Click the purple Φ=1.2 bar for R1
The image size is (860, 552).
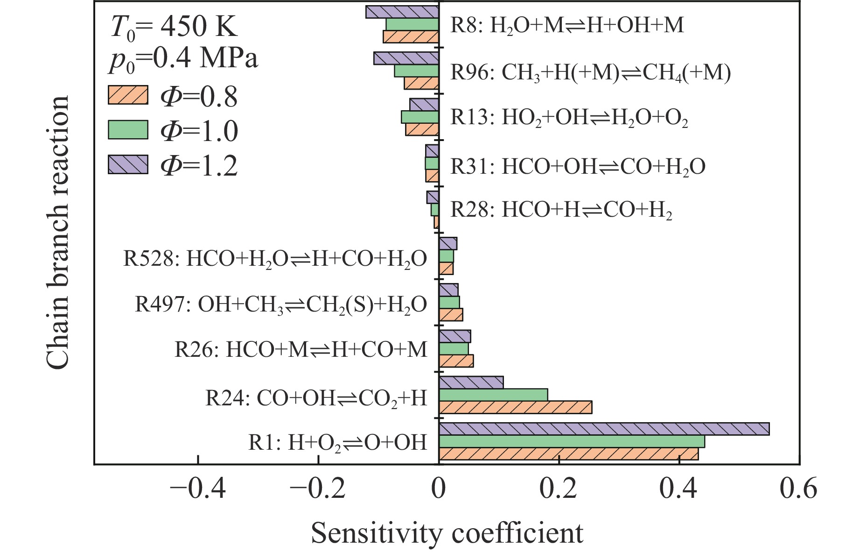(604, 429)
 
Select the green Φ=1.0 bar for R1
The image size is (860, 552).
(572, 441)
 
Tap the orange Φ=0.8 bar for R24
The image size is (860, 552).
(515, 407)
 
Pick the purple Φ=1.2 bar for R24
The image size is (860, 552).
(471, 382)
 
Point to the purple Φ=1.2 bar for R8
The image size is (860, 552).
(402, 12)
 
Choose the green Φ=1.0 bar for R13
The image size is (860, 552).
(420, 117)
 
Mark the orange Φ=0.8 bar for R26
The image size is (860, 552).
(456, 361)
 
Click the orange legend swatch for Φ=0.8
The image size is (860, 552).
(127, 95)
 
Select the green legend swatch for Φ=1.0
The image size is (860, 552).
(127, 130)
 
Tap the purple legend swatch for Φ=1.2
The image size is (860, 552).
(127, 164)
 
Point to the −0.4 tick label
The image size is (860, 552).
(198, 489)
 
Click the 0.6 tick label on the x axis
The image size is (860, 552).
(798, 489)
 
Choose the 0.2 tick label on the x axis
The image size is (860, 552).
(558, 489)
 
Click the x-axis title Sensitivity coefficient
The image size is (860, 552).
(447, 533)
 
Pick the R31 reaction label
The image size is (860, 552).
(577, 166)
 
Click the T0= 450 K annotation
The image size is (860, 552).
(174, 27)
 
